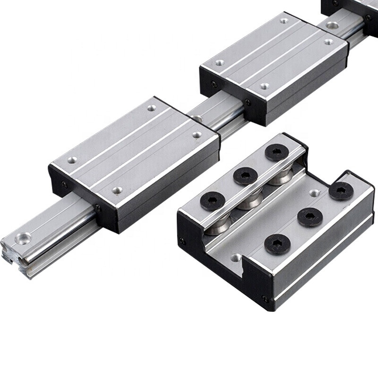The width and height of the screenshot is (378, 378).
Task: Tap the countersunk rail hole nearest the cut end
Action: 23,238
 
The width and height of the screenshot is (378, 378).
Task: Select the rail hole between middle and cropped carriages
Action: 332,25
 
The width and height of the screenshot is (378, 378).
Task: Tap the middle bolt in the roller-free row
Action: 310,217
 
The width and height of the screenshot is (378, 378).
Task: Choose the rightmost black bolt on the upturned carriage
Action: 341,190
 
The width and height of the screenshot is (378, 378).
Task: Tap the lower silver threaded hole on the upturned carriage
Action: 236,258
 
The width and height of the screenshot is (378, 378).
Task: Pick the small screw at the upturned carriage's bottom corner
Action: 266,299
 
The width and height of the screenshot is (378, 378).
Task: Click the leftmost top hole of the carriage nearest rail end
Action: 72,160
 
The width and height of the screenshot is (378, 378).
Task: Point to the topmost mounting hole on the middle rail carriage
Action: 284,20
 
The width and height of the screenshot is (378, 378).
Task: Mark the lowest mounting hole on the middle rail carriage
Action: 265,86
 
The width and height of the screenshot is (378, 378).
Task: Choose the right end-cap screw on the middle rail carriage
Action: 248,102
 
